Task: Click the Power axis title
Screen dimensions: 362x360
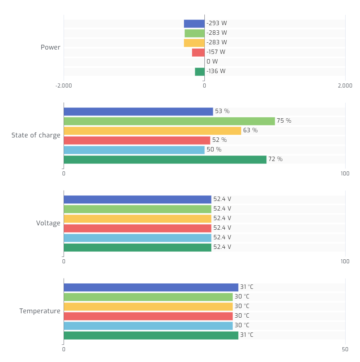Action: coord(50,48)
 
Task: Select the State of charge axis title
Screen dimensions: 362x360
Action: coord(36,135)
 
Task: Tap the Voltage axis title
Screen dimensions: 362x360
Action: coord(48,223)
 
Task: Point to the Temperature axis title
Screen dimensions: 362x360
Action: coord(40,311)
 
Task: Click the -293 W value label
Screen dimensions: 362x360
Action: coord(216,24)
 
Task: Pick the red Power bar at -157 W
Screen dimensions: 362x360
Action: coord(198,52)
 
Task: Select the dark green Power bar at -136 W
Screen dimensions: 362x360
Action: coord(200,72)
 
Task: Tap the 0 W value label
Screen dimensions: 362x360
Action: coord(212,62)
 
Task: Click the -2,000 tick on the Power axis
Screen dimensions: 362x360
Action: coord(64,86)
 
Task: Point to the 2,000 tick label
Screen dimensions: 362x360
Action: coord(345,86)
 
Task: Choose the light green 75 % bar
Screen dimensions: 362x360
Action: coord(169,121)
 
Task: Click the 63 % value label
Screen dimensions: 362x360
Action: coord(250,131)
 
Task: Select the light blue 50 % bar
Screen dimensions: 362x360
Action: coord(134,150)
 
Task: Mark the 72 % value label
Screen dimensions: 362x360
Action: coord(275,159)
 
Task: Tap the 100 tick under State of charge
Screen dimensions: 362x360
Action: coord(345,173)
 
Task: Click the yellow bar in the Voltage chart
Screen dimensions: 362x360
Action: coord(137,219)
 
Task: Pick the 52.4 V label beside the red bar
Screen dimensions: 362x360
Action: coord(222,228)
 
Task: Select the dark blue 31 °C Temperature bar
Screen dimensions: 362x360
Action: coord(151,287)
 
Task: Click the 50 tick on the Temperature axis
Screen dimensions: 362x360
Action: coord(345,349)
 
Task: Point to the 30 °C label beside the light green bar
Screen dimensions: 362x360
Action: coord(242,297)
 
